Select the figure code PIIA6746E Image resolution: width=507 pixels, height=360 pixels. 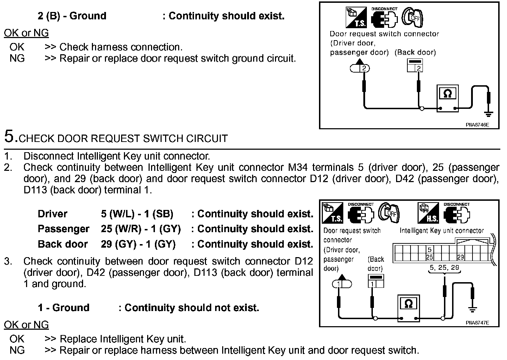pos(477,124)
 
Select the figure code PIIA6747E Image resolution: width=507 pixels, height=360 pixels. pos(477,322)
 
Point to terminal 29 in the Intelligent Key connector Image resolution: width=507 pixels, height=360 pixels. pos(460,257)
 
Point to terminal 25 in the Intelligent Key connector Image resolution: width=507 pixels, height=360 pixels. pos(429,257)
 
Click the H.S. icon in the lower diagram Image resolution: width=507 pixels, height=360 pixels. pos(428,213)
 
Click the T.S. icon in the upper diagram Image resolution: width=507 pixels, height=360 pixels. pos(356,18)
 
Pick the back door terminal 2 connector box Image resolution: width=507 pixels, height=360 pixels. pos(415,66)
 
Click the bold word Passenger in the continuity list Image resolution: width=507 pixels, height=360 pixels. pos(63,229)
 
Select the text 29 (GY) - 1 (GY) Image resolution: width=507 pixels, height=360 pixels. pos(138,244)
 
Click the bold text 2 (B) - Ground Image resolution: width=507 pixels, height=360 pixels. pos(72,16)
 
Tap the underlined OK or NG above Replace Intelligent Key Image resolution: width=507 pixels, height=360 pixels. pos(26,324)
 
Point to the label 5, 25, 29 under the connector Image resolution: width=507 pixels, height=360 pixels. pos(444,268)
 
